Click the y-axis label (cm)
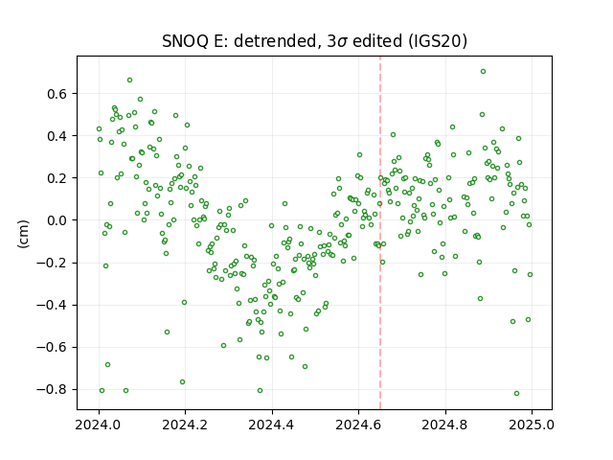pyautogui.click(x=23, y=234)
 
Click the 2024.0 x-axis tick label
pyautogui.click(x=99, y=425)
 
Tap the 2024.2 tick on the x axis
pyautogui.click(x=185, y=425)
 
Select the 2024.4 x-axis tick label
pyautogui.click(x=272, y=425)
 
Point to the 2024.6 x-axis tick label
pyautogui.click(x=358, y=425)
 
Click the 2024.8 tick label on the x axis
pyautogui.click(x=444, y=425)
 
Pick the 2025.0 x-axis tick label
pyautogui.click(x=532, y=425)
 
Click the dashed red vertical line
pyautogui.click(x=380, y=233)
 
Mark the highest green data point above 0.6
pyautogui.click(x=483, y=72)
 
